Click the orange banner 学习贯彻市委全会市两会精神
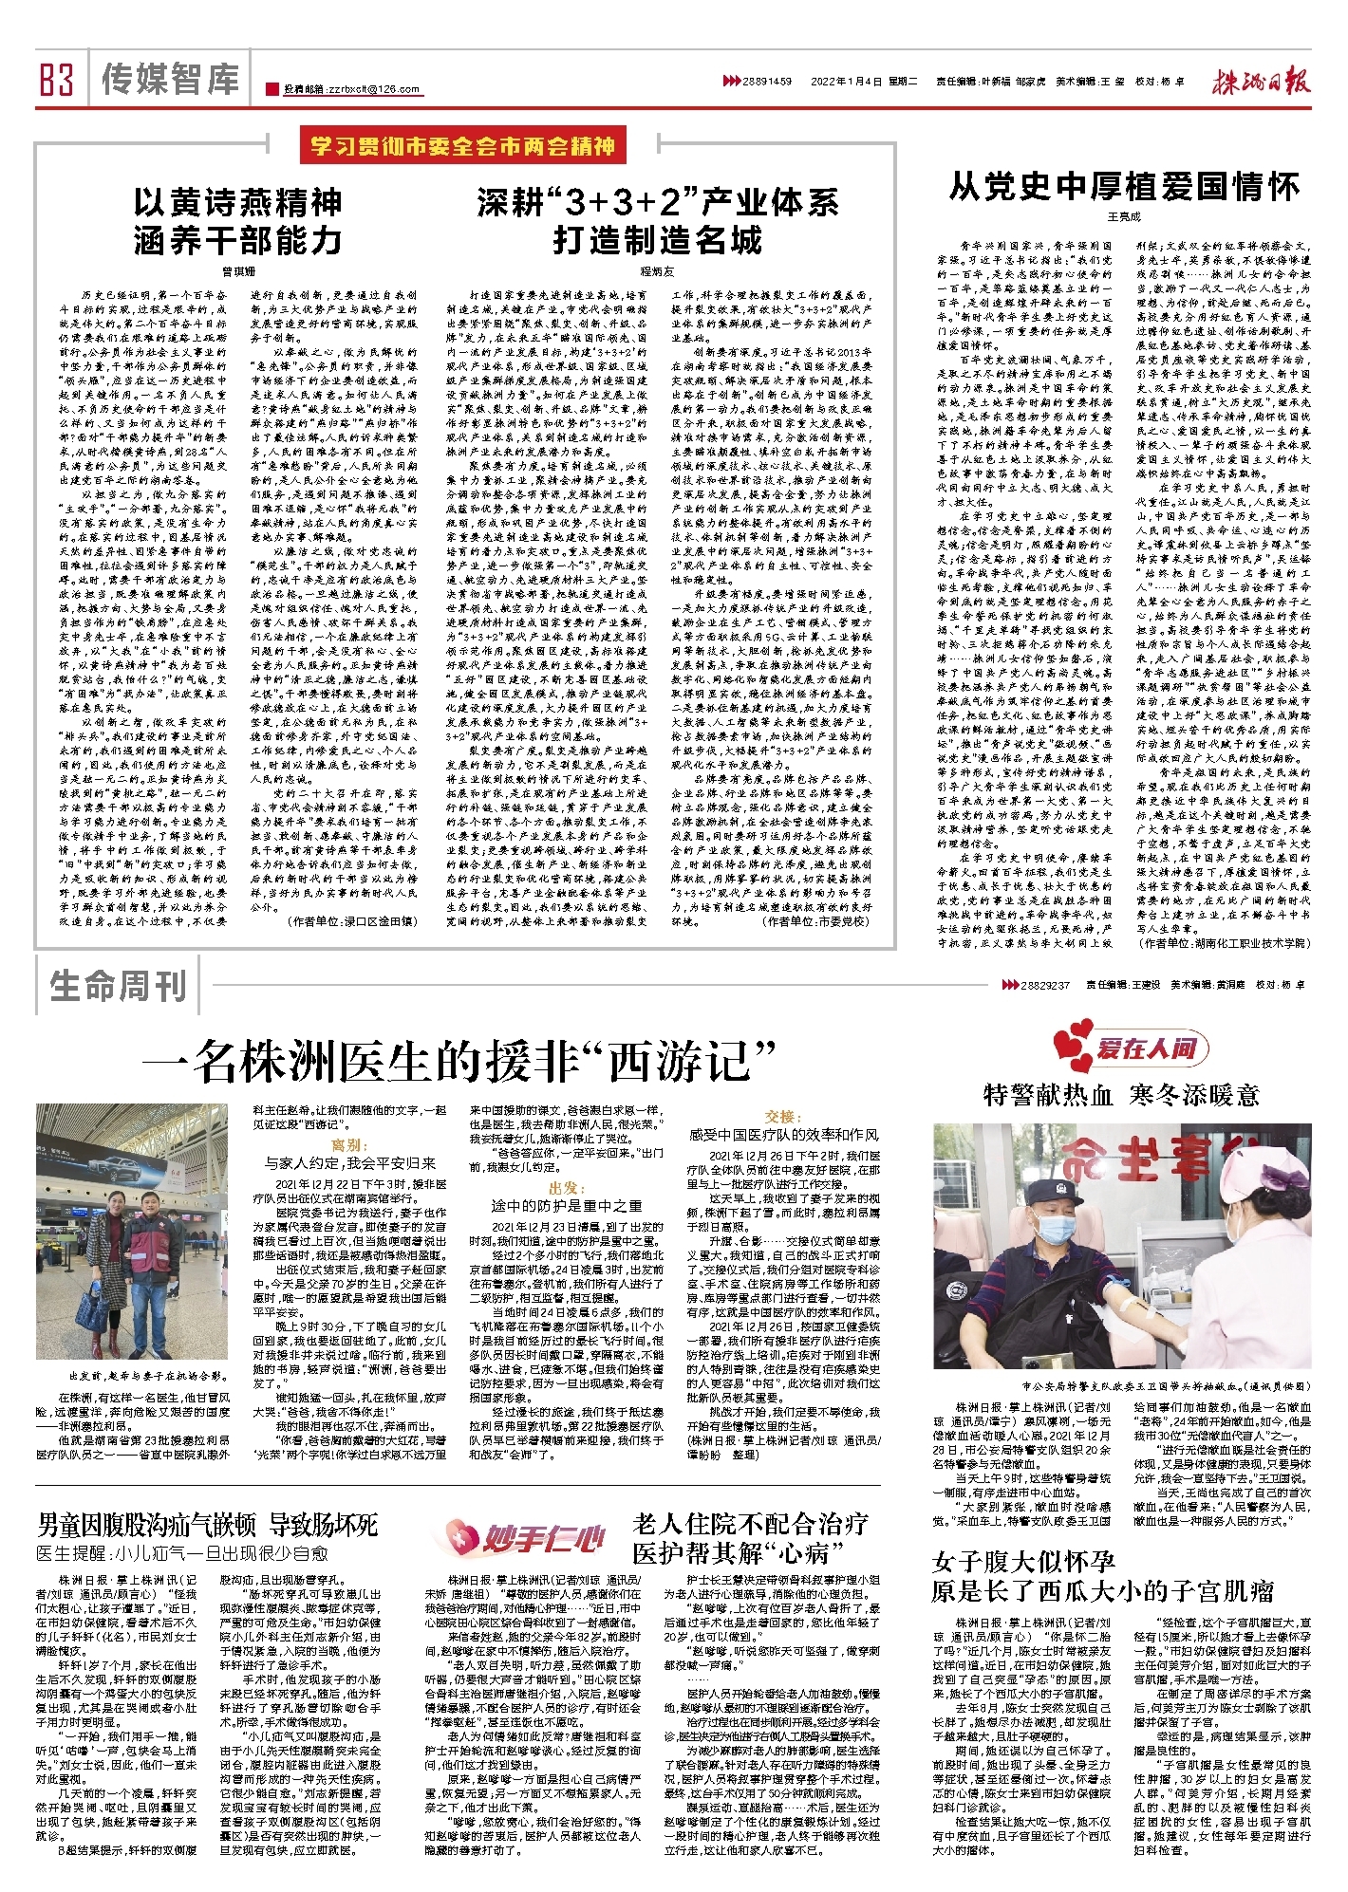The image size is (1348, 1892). (x=463, y=146)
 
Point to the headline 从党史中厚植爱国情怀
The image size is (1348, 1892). (x=1124, y=186)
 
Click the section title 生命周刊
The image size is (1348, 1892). (x=119, y=986)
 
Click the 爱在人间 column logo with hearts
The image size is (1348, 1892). (x=1130, y=1047)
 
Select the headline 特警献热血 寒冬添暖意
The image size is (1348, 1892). (x=1121, y=1095)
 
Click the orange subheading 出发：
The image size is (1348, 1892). (x=565, y=1188)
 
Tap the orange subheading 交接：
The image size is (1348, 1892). (x=783, y=1117)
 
